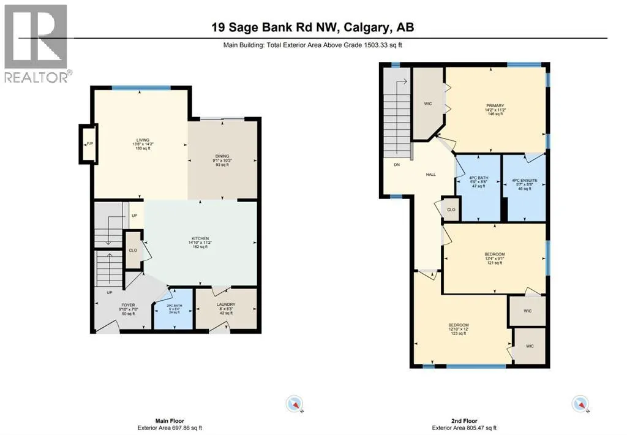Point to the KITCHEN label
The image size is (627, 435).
tap(200, 238)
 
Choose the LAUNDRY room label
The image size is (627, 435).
tap(225, 304)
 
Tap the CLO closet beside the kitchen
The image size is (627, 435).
tap(133, 249)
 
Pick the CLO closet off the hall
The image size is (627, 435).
tap(450, 210)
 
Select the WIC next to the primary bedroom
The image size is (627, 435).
tap(428, 104)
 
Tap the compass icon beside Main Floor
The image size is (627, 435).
tap(295, 403)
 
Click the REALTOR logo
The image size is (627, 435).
tap(37, 43)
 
